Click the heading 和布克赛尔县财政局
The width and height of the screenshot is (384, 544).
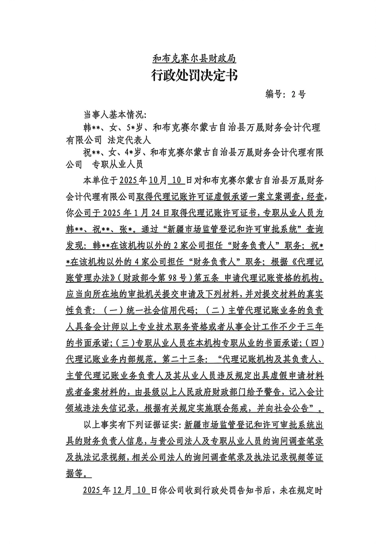194,59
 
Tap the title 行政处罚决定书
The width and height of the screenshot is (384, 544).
194,76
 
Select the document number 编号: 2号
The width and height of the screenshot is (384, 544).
286,94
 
